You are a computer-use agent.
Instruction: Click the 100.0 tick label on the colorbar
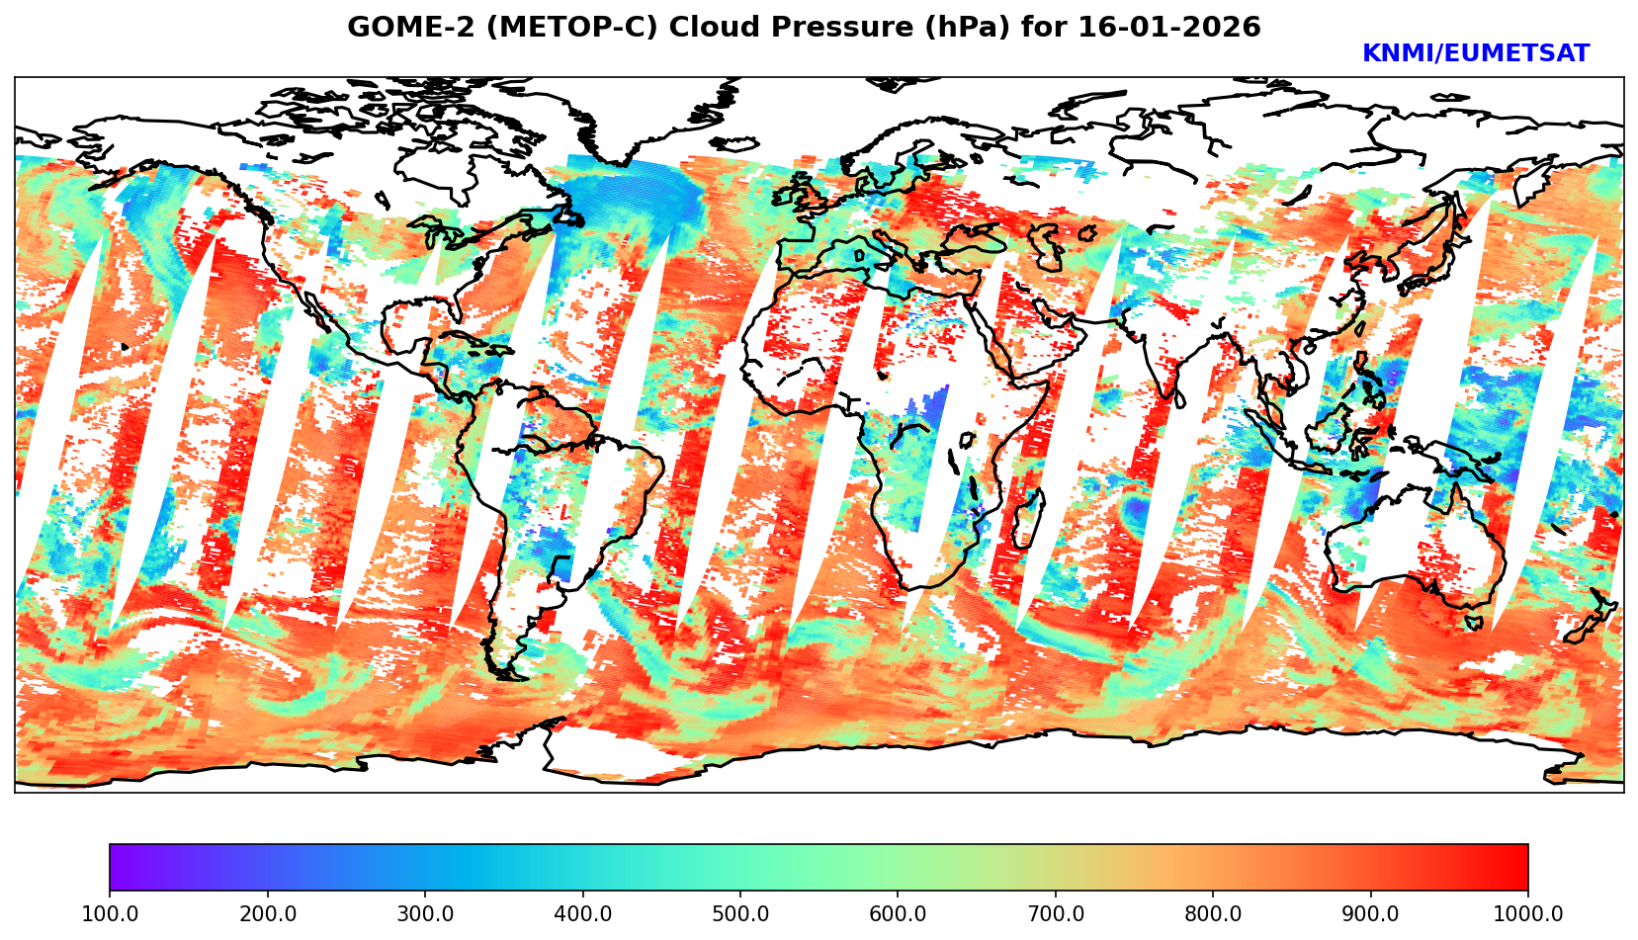pos(109,914)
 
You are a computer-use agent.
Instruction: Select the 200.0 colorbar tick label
pos(267,914)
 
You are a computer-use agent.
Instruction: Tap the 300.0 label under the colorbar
pos(424,914)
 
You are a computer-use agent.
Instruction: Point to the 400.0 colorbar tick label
pos(582,914)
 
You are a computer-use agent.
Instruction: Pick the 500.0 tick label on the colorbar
pos(739,914)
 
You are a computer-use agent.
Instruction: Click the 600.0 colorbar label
pos(898,914)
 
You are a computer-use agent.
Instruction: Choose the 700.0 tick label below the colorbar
pos(1055,914)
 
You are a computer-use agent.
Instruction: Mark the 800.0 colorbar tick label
pos(1213,914)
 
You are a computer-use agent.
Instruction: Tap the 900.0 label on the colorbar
pos(1370,914)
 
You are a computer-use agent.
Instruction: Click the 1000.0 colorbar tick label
pos(1527,914)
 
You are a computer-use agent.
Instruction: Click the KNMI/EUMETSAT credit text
pos(1475,53)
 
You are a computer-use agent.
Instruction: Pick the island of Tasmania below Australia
pos(1473,623)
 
